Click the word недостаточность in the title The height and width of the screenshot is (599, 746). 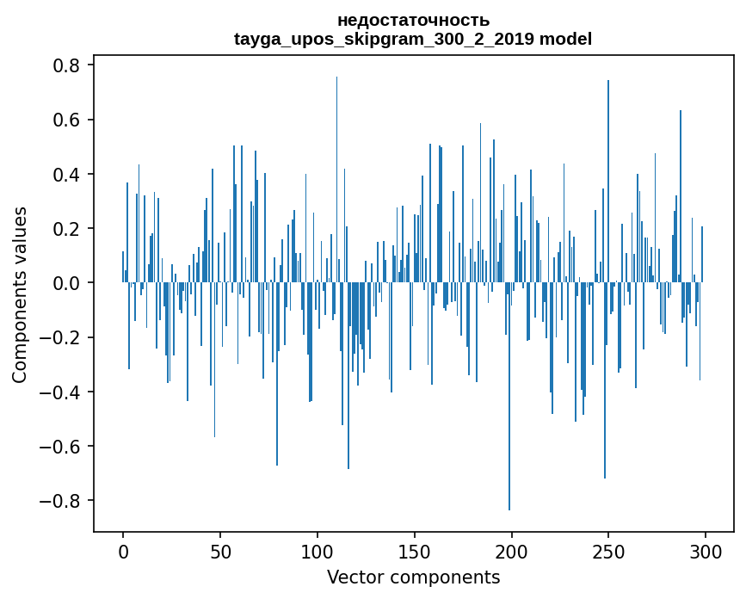click(413, 20)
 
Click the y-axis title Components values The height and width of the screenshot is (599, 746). click(20, 294)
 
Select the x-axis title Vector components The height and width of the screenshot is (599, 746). click(413, 577)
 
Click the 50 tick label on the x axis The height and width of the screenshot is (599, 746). click(220, 551)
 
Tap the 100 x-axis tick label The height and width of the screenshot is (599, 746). click(318, 551)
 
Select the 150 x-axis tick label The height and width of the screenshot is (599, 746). click(415, 551)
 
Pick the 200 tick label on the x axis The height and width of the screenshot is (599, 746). click(512, 551)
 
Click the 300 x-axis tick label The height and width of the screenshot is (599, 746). click(706, 551)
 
